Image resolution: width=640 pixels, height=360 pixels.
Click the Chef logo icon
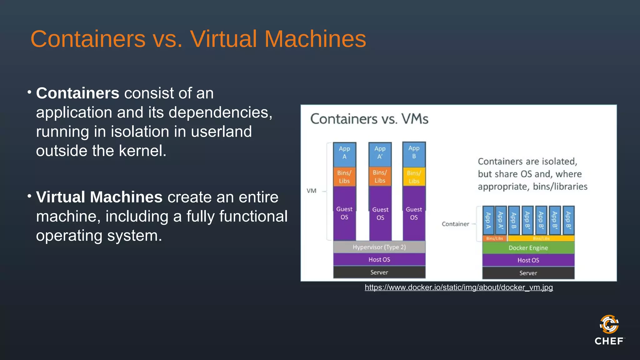(609, 324)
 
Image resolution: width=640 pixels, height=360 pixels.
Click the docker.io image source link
(458, 287)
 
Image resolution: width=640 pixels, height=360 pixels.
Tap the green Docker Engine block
(528, 248)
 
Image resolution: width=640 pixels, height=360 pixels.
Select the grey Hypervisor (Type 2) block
(379, 247)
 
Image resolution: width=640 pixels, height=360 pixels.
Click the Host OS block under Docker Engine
(528, 260)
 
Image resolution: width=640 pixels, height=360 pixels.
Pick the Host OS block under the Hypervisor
(379, 259)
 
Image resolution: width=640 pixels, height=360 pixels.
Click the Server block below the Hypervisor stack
(379, 272)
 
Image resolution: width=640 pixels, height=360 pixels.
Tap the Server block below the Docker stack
(528, 273)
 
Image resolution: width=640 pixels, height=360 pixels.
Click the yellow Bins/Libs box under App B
(414, 177)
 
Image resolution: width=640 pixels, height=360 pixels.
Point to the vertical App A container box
(488, 220)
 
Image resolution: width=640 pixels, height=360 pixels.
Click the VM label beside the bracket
(312, 191)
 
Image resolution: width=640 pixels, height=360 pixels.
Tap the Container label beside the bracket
(455, 224)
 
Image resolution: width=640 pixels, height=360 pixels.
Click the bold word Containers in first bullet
(77, 93)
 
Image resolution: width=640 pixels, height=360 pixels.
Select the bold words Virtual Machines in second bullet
(99, 197)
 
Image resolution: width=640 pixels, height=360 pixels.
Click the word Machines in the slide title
(315, 39)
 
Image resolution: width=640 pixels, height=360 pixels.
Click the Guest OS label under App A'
(380, 213)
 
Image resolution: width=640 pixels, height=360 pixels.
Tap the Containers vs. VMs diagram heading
(369, 119)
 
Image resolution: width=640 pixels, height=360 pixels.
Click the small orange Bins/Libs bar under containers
(494, 238)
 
